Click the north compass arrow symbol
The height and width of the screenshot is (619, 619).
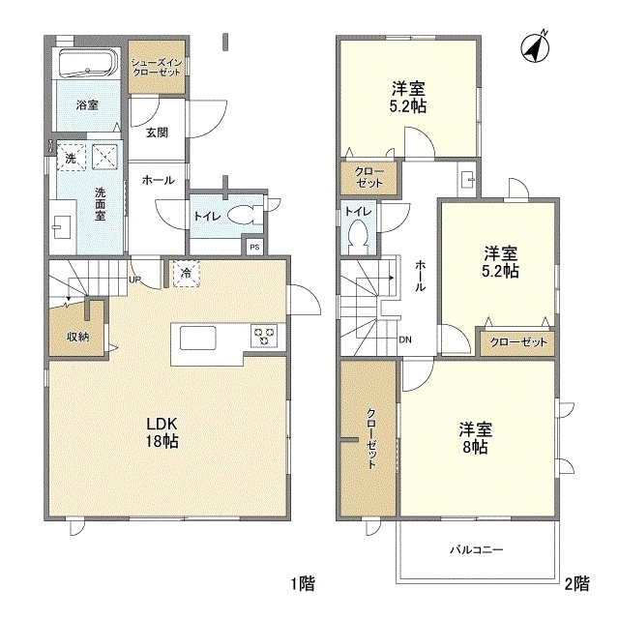pyautogui.click(x=534, y=45)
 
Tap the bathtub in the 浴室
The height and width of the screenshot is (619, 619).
pyautogui.click(x=87, y=66)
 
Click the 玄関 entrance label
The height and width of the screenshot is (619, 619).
pyautogui.click(x=158, y=133)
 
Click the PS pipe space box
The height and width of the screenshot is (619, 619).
pyautogui.click(x=254, y=247)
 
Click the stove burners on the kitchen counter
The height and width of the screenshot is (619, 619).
pyautogui.click(x=264, y=337)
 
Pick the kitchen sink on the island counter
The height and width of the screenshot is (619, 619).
pyautogui.click(x=197, y=338)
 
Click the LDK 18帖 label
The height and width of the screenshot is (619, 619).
pyautogui.click(x=162, y=431)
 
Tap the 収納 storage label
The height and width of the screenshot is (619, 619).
pyautogui.click(x=78, y=337)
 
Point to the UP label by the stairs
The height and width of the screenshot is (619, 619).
pyautogui.click(x=135, y=281)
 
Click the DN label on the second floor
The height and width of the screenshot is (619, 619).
pyautogui.click(x=406, y=339)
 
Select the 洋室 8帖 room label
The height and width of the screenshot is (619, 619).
pyautogui.click(x=473, y=436)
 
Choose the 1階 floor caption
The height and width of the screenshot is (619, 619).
pyautogui.click(x=303, y=583)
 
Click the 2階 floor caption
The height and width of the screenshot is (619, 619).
pyautogui.click(x=577, y=583)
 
